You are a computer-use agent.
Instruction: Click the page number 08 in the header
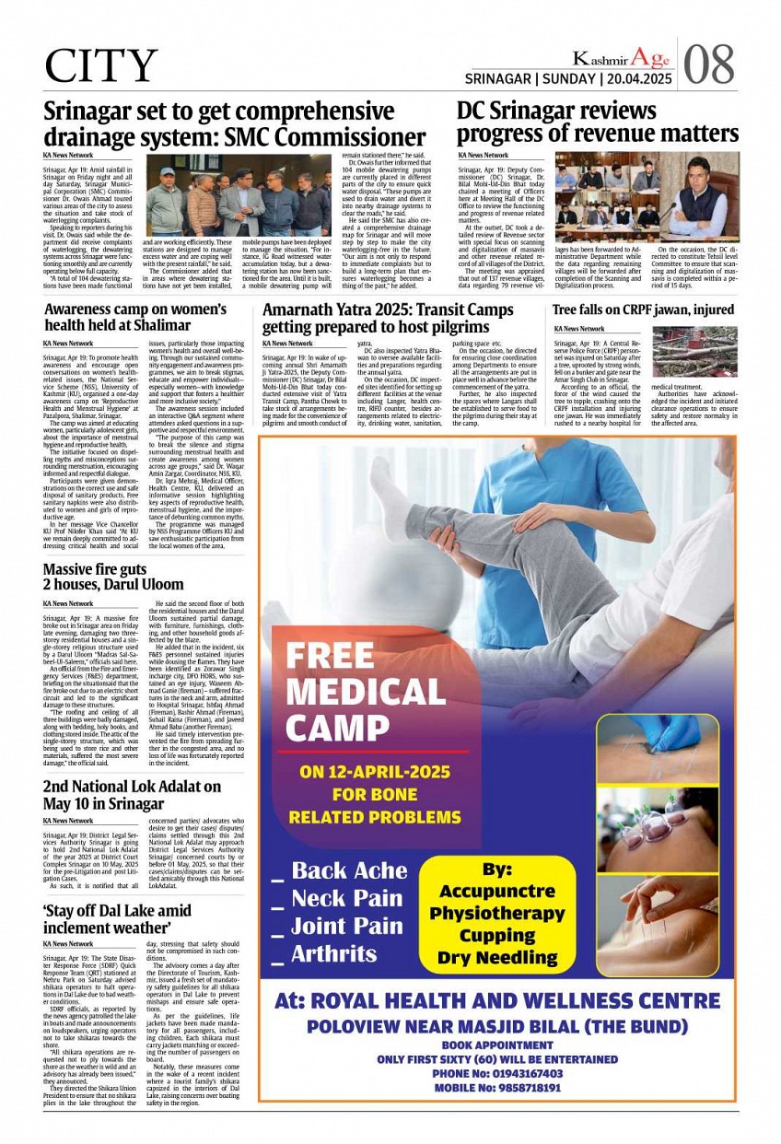coord(709,64)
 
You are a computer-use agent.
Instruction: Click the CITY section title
coord(101,66)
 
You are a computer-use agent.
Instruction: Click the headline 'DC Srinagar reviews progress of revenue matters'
coord(597,123)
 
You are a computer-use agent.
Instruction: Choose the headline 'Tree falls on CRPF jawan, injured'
coord(643,310)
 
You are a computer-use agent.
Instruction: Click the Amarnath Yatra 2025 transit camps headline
coord(387,319)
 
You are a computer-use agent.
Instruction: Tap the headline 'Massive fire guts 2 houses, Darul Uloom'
coord(113,577)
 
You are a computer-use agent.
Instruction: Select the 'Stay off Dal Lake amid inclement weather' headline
coord(117,918)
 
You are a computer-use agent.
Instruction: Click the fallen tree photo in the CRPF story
coord(694,352)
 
